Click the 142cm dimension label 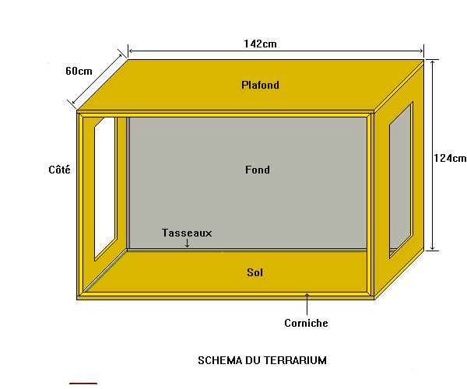(x=260, y=44)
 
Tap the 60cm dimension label (x=79, y=71)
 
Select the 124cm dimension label (x=450, y=158)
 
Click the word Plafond (x=260, y=85)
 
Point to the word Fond (x=258, y=170)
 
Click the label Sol (x=255, y=272)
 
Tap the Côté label (x=60, y=170)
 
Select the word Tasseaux (x=187, y=233)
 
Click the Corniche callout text (x=306, y=323)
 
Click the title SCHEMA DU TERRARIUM (x=262, y=360)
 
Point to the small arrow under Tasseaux (x=187, y=244)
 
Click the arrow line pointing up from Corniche (x=307, y=304)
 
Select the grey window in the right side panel (x=400, y=180)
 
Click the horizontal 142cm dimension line (x=276, y=51)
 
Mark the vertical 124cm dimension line (x=433, y=155)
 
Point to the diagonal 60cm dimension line (x=97, y=79)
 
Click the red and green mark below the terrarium (x=83, y=384)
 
